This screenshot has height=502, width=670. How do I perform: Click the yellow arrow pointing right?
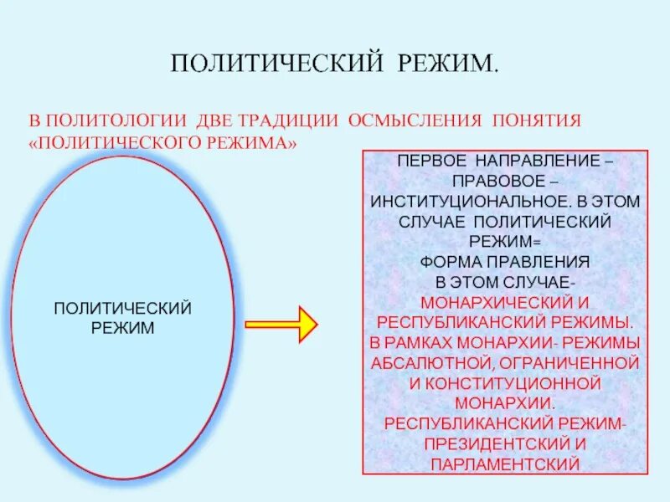click(x=281, y=323)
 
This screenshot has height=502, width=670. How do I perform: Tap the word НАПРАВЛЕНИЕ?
click(x=542, y=161)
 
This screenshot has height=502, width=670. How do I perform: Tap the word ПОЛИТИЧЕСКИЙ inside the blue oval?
click(x=123, y=308)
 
